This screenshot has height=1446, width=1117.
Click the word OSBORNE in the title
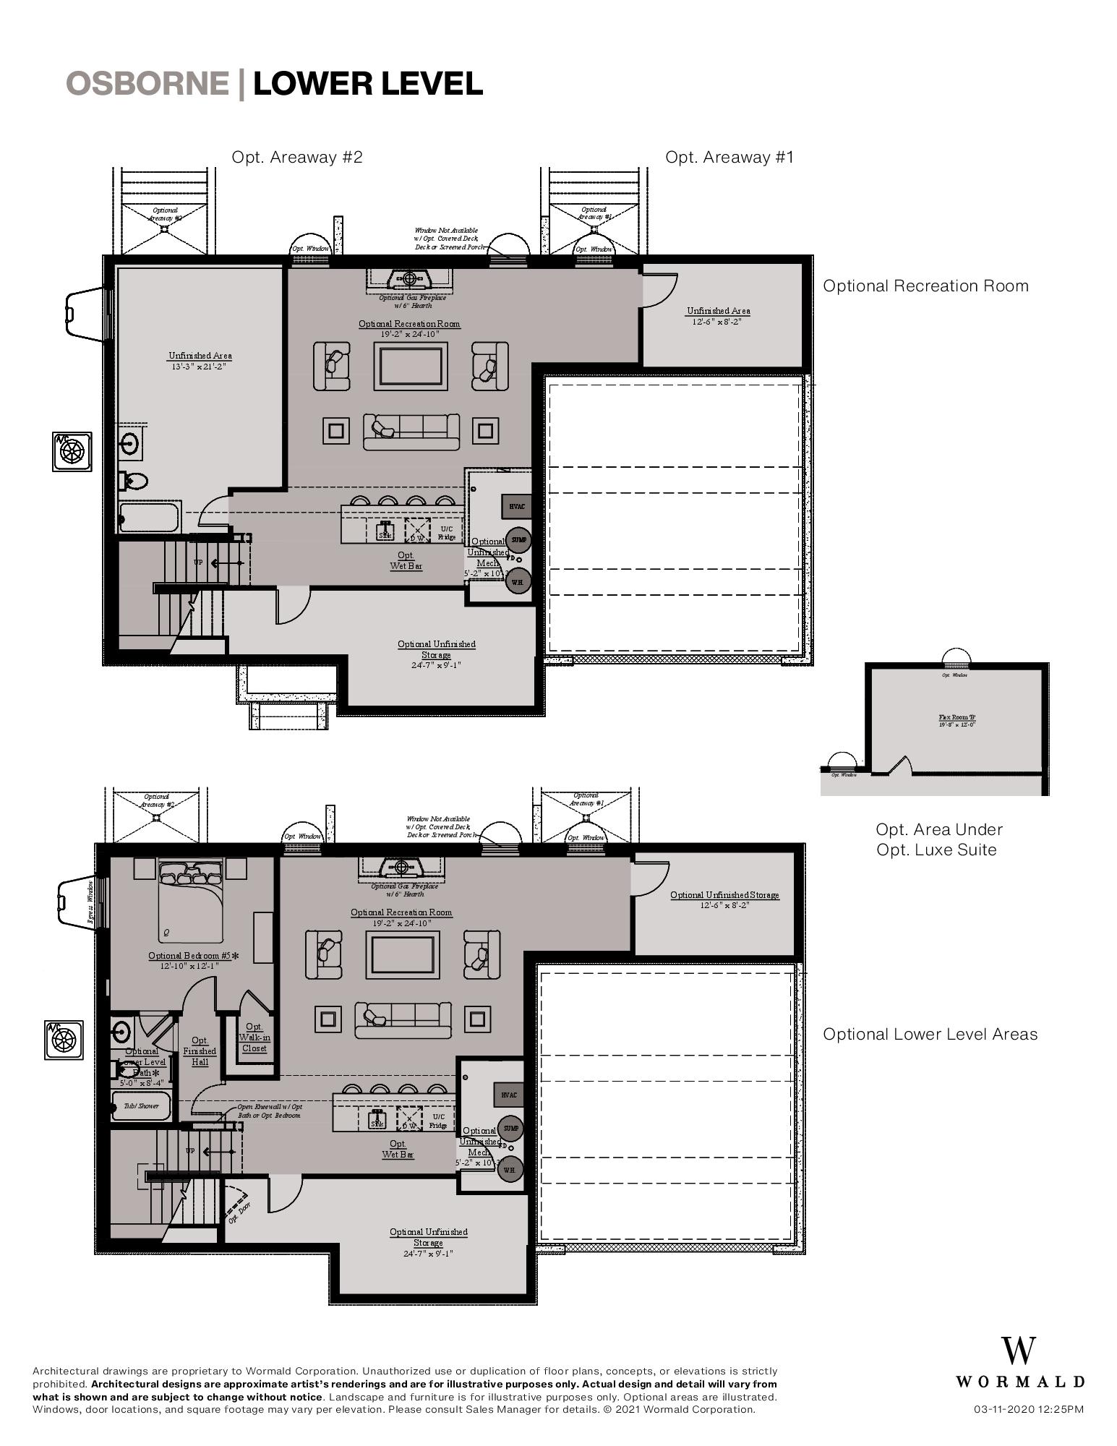(147, 84)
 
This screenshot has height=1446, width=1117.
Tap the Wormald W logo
(1019, 1351)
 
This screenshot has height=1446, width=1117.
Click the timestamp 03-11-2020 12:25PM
(1028, 1409)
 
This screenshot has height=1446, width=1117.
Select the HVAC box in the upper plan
(516, 507)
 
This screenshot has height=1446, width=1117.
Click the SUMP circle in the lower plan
(510, 1128)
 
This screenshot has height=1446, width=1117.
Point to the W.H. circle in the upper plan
(518, 581)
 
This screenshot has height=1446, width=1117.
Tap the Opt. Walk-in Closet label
(254, 1037)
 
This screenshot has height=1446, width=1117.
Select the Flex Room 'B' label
(956, 718)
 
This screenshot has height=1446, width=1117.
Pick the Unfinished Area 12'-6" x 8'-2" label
(718, 315)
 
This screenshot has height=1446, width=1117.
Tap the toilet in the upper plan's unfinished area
(134, 479)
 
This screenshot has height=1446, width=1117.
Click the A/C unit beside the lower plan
(64, 1040)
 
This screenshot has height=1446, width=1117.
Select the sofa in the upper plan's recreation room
(411, 431)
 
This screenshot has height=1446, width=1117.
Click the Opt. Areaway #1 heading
(729, 157)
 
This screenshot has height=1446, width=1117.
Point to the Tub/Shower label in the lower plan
(141, 1105)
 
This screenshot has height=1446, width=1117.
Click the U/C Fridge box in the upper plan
(447, 532)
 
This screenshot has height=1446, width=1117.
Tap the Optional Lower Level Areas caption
(930, 1034)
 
